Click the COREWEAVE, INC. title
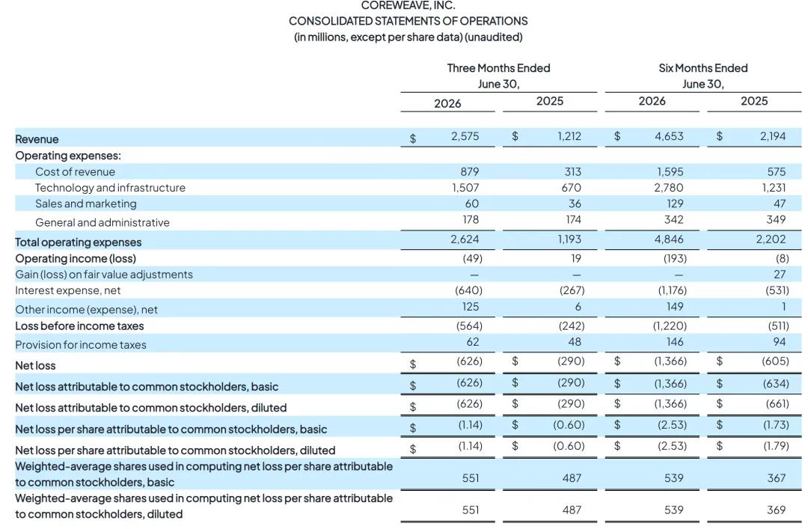[x=408, y=6]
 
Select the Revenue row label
[x=37, y=139]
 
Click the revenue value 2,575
[x=465, y=136]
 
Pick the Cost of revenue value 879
[x=469, y=171]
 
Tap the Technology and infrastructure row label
[x=110, y=188]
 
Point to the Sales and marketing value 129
[x=675, y=204]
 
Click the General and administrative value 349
[x=776, y=220]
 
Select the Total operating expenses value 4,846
[x=669, y=239]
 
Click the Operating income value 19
[x=575, y=258]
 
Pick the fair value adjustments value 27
[x=780, y=275]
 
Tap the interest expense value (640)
[x=468, y=290]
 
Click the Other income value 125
[x=470, y=307]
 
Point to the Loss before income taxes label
[x=79, y=326]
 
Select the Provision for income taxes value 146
[x=675, y=342]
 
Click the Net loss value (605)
[x=775, y=361]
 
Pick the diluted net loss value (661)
[x=776, y=403]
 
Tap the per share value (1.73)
[x=776, y=425]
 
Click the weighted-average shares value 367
[x=776, y=478]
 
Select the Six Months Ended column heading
[x=703, y=68]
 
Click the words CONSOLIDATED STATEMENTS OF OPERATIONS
[x=408, y=21]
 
